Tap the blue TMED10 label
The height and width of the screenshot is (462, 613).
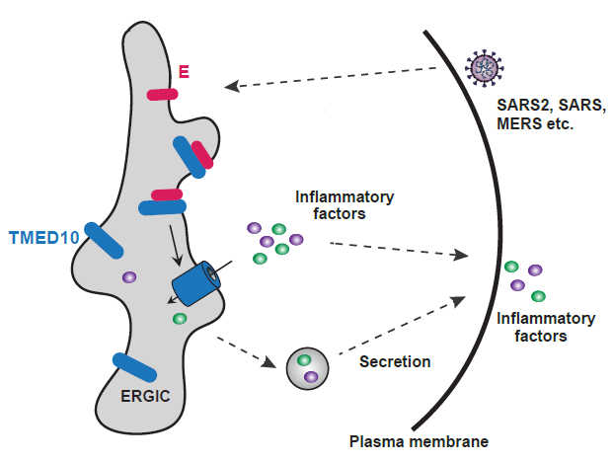(x=43, y=238)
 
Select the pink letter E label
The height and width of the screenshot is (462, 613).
(x=184, y=71)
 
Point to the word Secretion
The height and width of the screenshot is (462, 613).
(x=394, y=361)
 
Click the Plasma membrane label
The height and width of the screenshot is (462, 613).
(x=419, y=440)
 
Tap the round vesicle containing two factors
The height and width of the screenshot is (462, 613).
(x=305, y=368)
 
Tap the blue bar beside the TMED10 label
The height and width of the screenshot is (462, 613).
(x=103, y=241)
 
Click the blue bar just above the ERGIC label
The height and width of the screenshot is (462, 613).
(x=134, y=366)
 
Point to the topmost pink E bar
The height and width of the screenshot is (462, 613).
(x=162, y=94)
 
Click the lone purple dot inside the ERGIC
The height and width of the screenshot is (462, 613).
(x=128, y=278)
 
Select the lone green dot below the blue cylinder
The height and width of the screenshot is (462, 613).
(x=180, y=319)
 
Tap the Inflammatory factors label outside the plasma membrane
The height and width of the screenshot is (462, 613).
(x=546, y=327)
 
